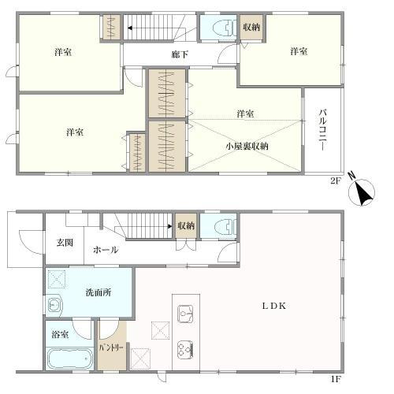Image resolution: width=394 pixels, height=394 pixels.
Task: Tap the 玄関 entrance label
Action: point(65,242)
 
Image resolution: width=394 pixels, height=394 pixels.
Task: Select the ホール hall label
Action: point(106,250)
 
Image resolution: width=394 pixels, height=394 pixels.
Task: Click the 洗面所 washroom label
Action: point(98,292)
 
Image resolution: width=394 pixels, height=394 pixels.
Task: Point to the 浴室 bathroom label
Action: point(60,335)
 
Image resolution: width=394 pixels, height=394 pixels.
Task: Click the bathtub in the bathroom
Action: point(69,359)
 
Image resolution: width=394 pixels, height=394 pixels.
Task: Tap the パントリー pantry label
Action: point(110,346)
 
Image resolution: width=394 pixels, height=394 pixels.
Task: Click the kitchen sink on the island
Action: point(187,316)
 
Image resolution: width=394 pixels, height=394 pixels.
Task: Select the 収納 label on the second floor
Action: point(252,28)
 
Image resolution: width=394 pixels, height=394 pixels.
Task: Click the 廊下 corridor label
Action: point(180,54)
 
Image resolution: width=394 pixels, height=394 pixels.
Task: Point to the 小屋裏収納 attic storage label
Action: point(247,146)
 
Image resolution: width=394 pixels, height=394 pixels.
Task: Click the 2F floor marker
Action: point(335,179)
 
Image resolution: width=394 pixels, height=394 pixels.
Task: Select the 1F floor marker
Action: point(336,379)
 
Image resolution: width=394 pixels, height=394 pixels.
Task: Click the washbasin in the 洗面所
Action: point(54,306)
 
